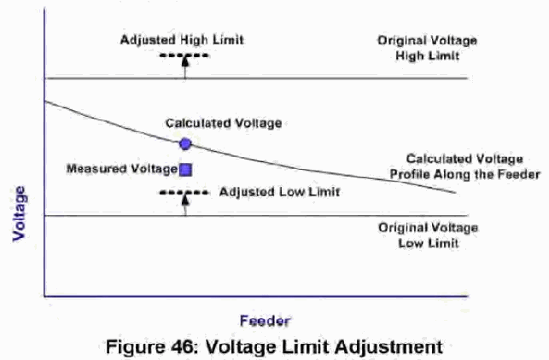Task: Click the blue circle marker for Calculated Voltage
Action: [185, 144]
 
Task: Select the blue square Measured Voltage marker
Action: [185, 170]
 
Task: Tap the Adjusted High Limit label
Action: [182, 40]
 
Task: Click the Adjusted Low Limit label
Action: [279, 192]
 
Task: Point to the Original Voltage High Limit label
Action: [427, 49]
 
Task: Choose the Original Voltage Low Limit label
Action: [429, 235]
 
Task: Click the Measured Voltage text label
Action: [122, 169]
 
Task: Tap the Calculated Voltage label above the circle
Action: [224, 123]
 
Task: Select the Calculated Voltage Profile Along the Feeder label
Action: [465, 166]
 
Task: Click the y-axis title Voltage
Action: [20, 213]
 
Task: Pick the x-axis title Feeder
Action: [265, 321]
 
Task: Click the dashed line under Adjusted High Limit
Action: [184, 55]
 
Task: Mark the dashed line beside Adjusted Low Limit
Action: [184, 193]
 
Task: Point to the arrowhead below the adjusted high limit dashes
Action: [185, 61]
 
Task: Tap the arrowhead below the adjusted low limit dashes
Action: [185, 199]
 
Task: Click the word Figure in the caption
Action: [136, 348]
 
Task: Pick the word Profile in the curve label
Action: [411, 174]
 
